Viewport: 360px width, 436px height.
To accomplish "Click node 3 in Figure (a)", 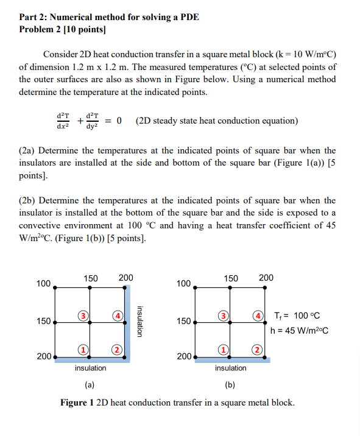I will [80, 315].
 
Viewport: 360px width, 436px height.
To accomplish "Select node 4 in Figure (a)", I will [116, 315].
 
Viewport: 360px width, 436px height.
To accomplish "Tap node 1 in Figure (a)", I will [80, 349].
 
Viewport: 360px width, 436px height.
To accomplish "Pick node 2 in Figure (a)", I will [116, 349].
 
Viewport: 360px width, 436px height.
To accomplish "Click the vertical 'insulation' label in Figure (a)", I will [139, 321].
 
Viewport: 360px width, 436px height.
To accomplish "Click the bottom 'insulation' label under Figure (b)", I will [230, 368].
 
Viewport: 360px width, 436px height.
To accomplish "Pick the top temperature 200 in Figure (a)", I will [125, 278].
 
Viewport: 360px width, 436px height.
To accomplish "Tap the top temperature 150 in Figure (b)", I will [230, 278].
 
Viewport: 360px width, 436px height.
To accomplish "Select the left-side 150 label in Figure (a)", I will [43, 321].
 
